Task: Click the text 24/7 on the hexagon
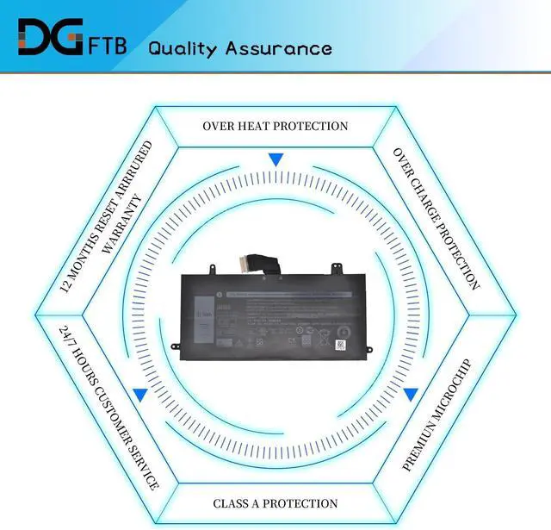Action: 65,335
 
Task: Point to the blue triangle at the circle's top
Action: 275,160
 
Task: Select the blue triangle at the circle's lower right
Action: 411,394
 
